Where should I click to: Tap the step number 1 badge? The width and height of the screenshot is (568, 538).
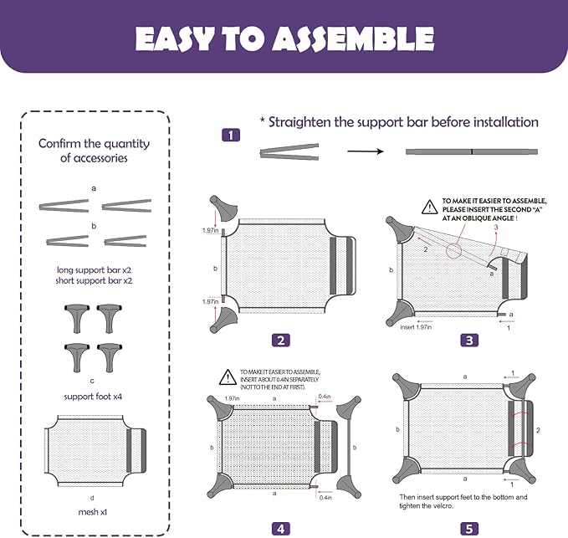pos(231,135)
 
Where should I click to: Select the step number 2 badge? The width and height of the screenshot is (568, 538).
pos(282,340)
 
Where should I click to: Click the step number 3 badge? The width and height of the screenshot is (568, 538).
pos(469,340)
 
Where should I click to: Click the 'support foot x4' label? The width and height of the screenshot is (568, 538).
pos(94,396)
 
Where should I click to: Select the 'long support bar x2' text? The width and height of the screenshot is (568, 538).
pos(94,270)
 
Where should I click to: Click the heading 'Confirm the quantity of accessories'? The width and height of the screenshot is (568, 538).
pos(94,150)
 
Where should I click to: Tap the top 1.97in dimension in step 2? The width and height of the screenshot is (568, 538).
pos(210,230)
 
